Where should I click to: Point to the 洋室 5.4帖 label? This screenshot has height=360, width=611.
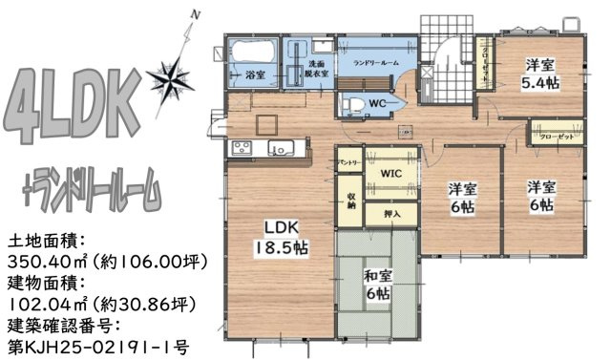541,74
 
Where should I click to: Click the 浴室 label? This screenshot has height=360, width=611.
255,74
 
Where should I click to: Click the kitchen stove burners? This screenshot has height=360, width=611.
238,148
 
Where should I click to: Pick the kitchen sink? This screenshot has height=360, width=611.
282,148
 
